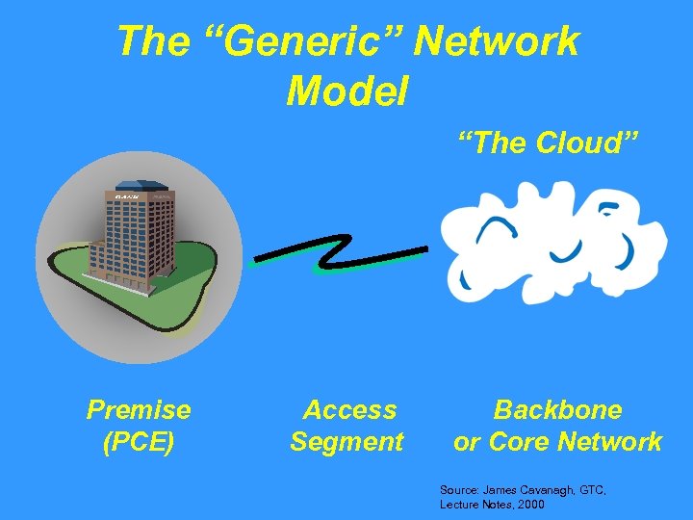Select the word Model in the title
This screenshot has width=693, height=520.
point(347,91)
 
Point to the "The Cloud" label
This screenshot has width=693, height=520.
point(549,143)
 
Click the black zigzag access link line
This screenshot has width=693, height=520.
point(337,253)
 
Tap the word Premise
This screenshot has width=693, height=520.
point(139,410)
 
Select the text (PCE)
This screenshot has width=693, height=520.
point(139,442)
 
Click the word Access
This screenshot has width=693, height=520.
point(349,410)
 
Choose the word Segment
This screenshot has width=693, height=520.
point(346,442)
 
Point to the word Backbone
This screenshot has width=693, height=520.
point(557,410)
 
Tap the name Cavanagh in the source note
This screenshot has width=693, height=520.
point(546,490)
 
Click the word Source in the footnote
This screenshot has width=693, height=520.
point(458,490)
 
